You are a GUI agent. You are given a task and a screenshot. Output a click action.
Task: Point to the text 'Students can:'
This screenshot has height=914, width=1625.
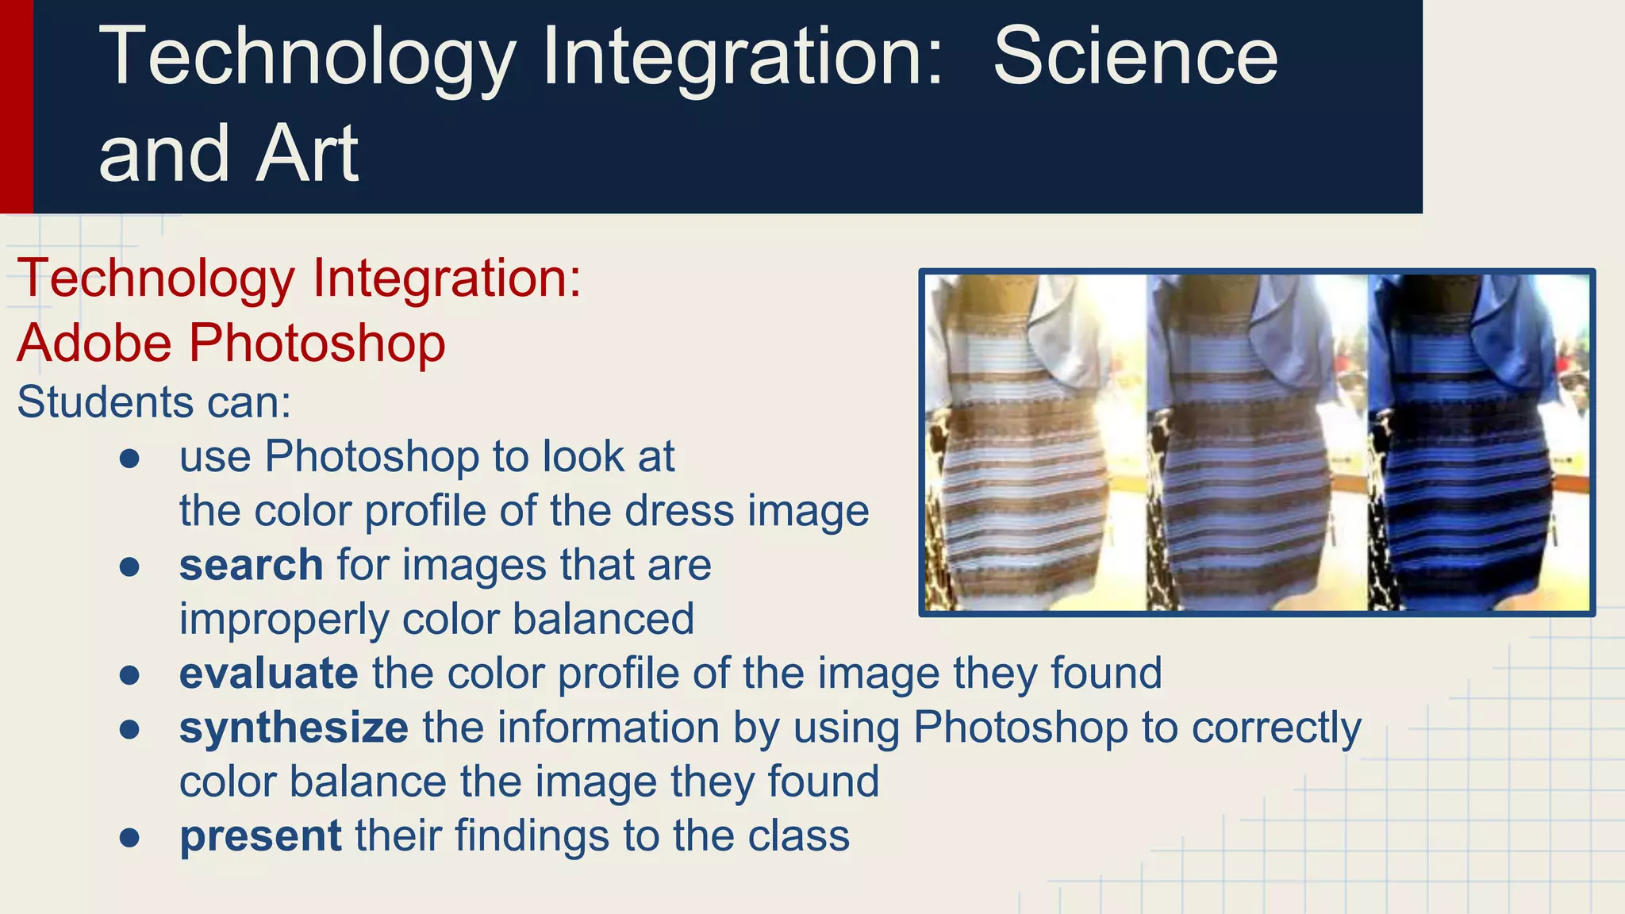click(x=154, y=402)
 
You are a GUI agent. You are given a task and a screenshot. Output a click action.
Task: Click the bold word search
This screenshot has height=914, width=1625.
click(x=251, y=565)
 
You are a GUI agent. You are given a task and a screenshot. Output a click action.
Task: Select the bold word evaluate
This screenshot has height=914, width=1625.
click(x=268, y=674)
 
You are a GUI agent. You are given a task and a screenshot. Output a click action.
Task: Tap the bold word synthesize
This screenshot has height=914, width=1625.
click(x=294, y=728)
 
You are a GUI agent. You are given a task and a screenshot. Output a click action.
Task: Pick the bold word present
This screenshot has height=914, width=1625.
click(x=260, y=836)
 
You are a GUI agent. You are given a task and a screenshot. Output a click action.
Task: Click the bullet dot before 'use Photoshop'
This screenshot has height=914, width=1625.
click(x=129, y=459)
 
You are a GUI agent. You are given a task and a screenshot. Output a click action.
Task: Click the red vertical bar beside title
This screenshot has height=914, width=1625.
click(x=16, y=106)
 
